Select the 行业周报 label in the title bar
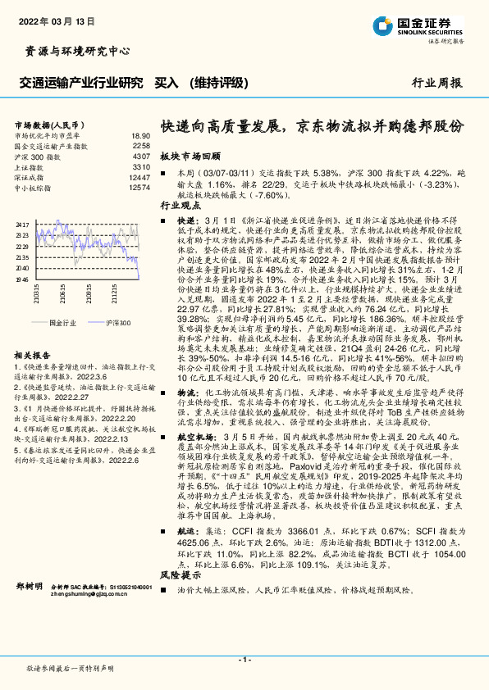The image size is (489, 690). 437,83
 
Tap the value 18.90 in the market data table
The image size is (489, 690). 140,136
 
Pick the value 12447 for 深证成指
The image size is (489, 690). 139,177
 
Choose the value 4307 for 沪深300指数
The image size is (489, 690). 141,157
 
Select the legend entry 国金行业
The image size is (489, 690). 62,324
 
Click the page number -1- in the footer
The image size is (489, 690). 244,659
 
